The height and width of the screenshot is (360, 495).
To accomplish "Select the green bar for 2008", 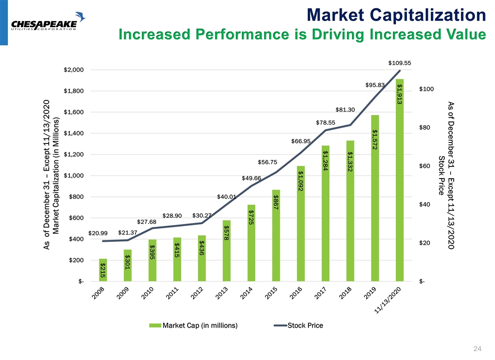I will point(103,270).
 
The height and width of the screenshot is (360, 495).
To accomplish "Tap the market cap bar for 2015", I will point(276,235).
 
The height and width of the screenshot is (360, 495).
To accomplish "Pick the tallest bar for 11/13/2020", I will point(399,180).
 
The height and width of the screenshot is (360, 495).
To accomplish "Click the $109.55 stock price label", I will point(399,62).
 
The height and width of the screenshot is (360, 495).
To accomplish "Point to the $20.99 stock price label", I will point(98,233).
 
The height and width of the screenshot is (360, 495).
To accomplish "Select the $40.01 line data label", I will point(226,197).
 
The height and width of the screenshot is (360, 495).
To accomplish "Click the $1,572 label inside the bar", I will point(375,139).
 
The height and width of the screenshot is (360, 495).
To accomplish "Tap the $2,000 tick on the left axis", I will point(74,70).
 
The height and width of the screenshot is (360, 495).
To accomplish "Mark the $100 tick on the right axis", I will point(427,89).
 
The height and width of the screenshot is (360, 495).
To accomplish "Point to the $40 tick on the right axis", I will point(425,204).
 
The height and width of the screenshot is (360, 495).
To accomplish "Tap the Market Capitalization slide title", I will point(396,15).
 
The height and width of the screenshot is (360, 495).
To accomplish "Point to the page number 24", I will point(478,348).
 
